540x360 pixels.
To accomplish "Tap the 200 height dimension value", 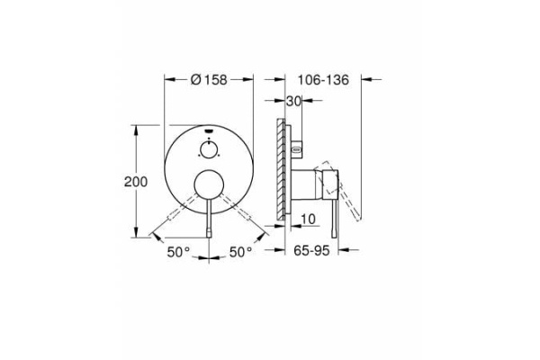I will [x=135, y=181].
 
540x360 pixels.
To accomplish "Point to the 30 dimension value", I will [x=292, y=103].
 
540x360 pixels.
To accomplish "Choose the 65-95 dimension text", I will [x=310, y=254].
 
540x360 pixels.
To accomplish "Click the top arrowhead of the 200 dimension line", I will [x=135, y=129].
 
